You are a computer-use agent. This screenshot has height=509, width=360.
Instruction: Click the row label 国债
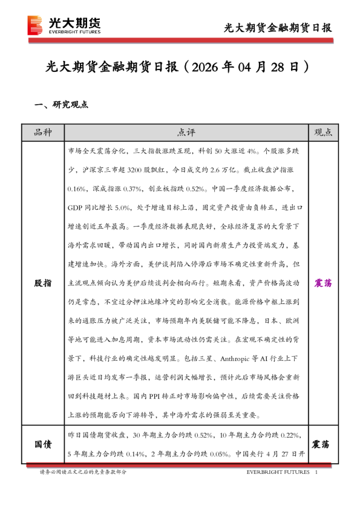(x=42, y=444)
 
